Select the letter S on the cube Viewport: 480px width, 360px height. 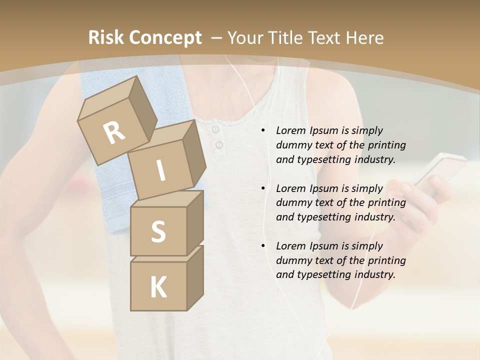(x=158, y=231)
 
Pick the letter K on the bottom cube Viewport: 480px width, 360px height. (x=158, y=287)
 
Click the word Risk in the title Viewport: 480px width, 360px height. (x=106, y=38)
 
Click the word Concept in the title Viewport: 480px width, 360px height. (x=165, y=38)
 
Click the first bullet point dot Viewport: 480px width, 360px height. (x=263, y=131)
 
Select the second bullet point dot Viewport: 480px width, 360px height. (x=263, y=188)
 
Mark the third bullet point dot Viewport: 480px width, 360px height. (x=263, y=246)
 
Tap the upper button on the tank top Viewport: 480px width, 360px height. (x=215, y=130)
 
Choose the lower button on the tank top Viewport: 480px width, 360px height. (x=219, y=145)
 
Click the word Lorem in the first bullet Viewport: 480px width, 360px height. (x=290, y=130)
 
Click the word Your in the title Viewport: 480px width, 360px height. (x=246, y=38)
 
